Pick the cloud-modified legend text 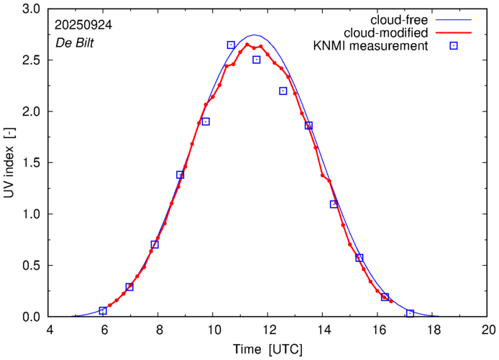pyautogui.click(x=387, y=33)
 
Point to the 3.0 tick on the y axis pyautogui.click(x=31, y=9)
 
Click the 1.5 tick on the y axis pyautogui.click(x=31, y=163)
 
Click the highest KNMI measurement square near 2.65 pyautogui.click(x=231, y=45)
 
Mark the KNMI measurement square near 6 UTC pyautogui.click(x=103, y=310)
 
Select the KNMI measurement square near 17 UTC pyautogui.click(x=410, y=313)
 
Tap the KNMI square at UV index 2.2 pyautogui.click(x=283, y=91)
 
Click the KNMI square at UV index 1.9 pyautogui.click(x=206, y=121)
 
